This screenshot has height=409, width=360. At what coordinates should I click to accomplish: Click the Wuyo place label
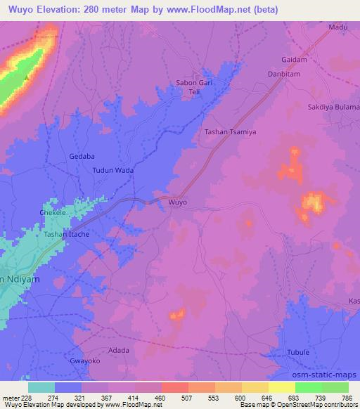pos(178,202)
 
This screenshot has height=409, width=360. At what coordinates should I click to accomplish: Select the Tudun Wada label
pos(113,170)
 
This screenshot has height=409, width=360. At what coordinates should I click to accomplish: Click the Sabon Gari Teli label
pos(194,87)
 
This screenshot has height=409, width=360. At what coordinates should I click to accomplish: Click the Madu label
pos(339,27)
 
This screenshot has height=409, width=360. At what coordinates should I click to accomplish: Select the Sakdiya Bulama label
pos(333,106)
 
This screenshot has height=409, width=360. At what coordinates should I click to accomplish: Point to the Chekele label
pos(53,212)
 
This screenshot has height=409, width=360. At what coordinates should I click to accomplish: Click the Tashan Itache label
pos(67,234)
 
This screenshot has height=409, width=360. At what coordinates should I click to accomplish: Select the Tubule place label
pos(299,351)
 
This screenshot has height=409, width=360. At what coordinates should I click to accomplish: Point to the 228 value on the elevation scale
pos(25,398)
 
